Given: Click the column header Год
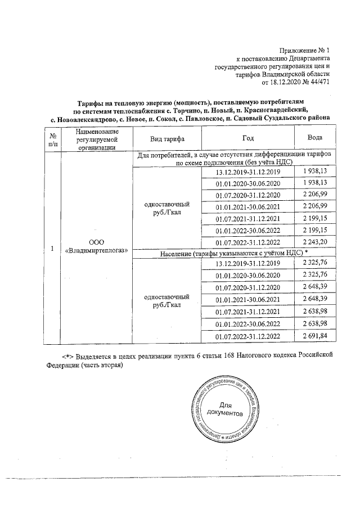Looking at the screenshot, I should pos(248,138).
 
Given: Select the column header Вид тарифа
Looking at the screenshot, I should pos(166,138).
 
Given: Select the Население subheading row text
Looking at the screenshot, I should pos(234,254).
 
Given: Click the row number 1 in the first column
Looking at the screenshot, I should pos(52,249).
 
